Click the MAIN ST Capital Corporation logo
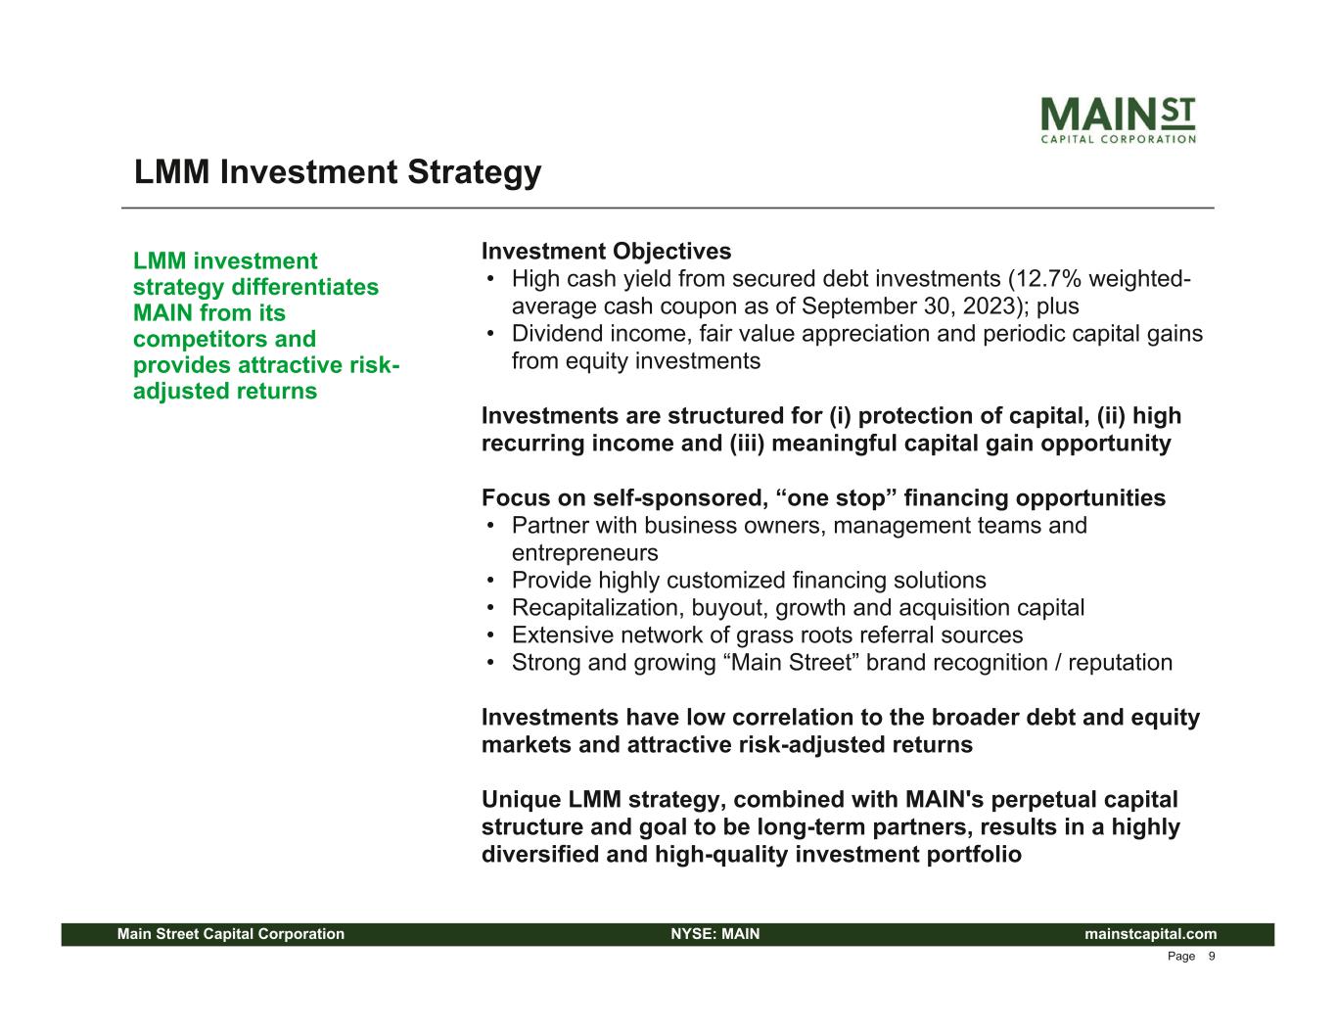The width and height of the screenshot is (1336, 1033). coord(1118,119)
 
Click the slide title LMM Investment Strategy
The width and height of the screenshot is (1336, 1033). coord(338,171)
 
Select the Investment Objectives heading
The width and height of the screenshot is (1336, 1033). coord(606,251)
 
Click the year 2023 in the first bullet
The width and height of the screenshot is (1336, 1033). coord(990,306)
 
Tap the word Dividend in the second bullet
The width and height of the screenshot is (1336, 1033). coord(557,333)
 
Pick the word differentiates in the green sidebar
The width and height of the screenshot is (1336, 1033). coord(304,287)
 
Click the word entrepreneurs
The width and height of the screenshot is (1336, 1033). coord(584,553)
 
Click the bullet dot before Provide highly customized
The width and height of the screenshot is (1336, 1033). coord(490,581)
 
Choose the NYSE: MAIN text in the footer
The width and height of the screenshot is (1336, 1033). coord(715,934)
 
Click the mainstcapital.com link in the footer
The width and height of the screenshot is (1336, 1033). coord(1150,934)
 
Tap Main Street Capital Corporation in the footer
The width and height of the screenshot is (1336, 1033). coord(231,934)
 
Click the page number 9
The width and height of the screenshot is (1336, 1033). coord(1212,957)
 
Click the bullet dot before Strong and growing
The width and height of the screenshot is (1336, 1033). coord(490,663)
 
